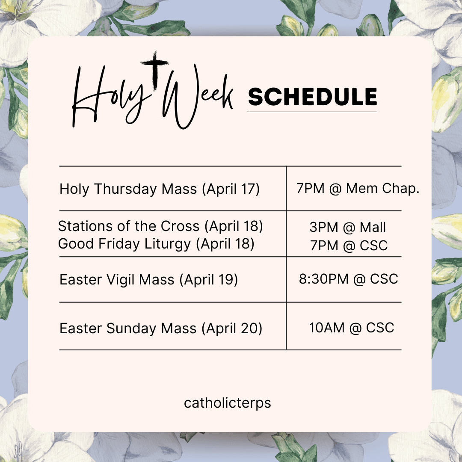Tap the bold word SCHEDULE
pyautogui.click(x=313, y=97)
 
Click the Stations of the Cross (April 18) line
pyautogui.click(x=160, y=226)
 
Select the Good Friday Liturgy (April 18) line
pyautogui.click(x=156, y=244)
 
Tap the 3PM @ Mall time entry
pyautogui.click(x=347, y=227)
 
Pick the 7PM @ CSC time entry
pyautogui.click(x=349, y=246)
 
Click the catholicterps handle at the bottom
pyautogui.click(x=228, y=403)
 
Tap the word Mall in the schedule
pyautogui.click(x=373, y=227)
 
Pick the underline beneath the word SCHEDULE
pyautogui.click(x=312, y=112)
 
